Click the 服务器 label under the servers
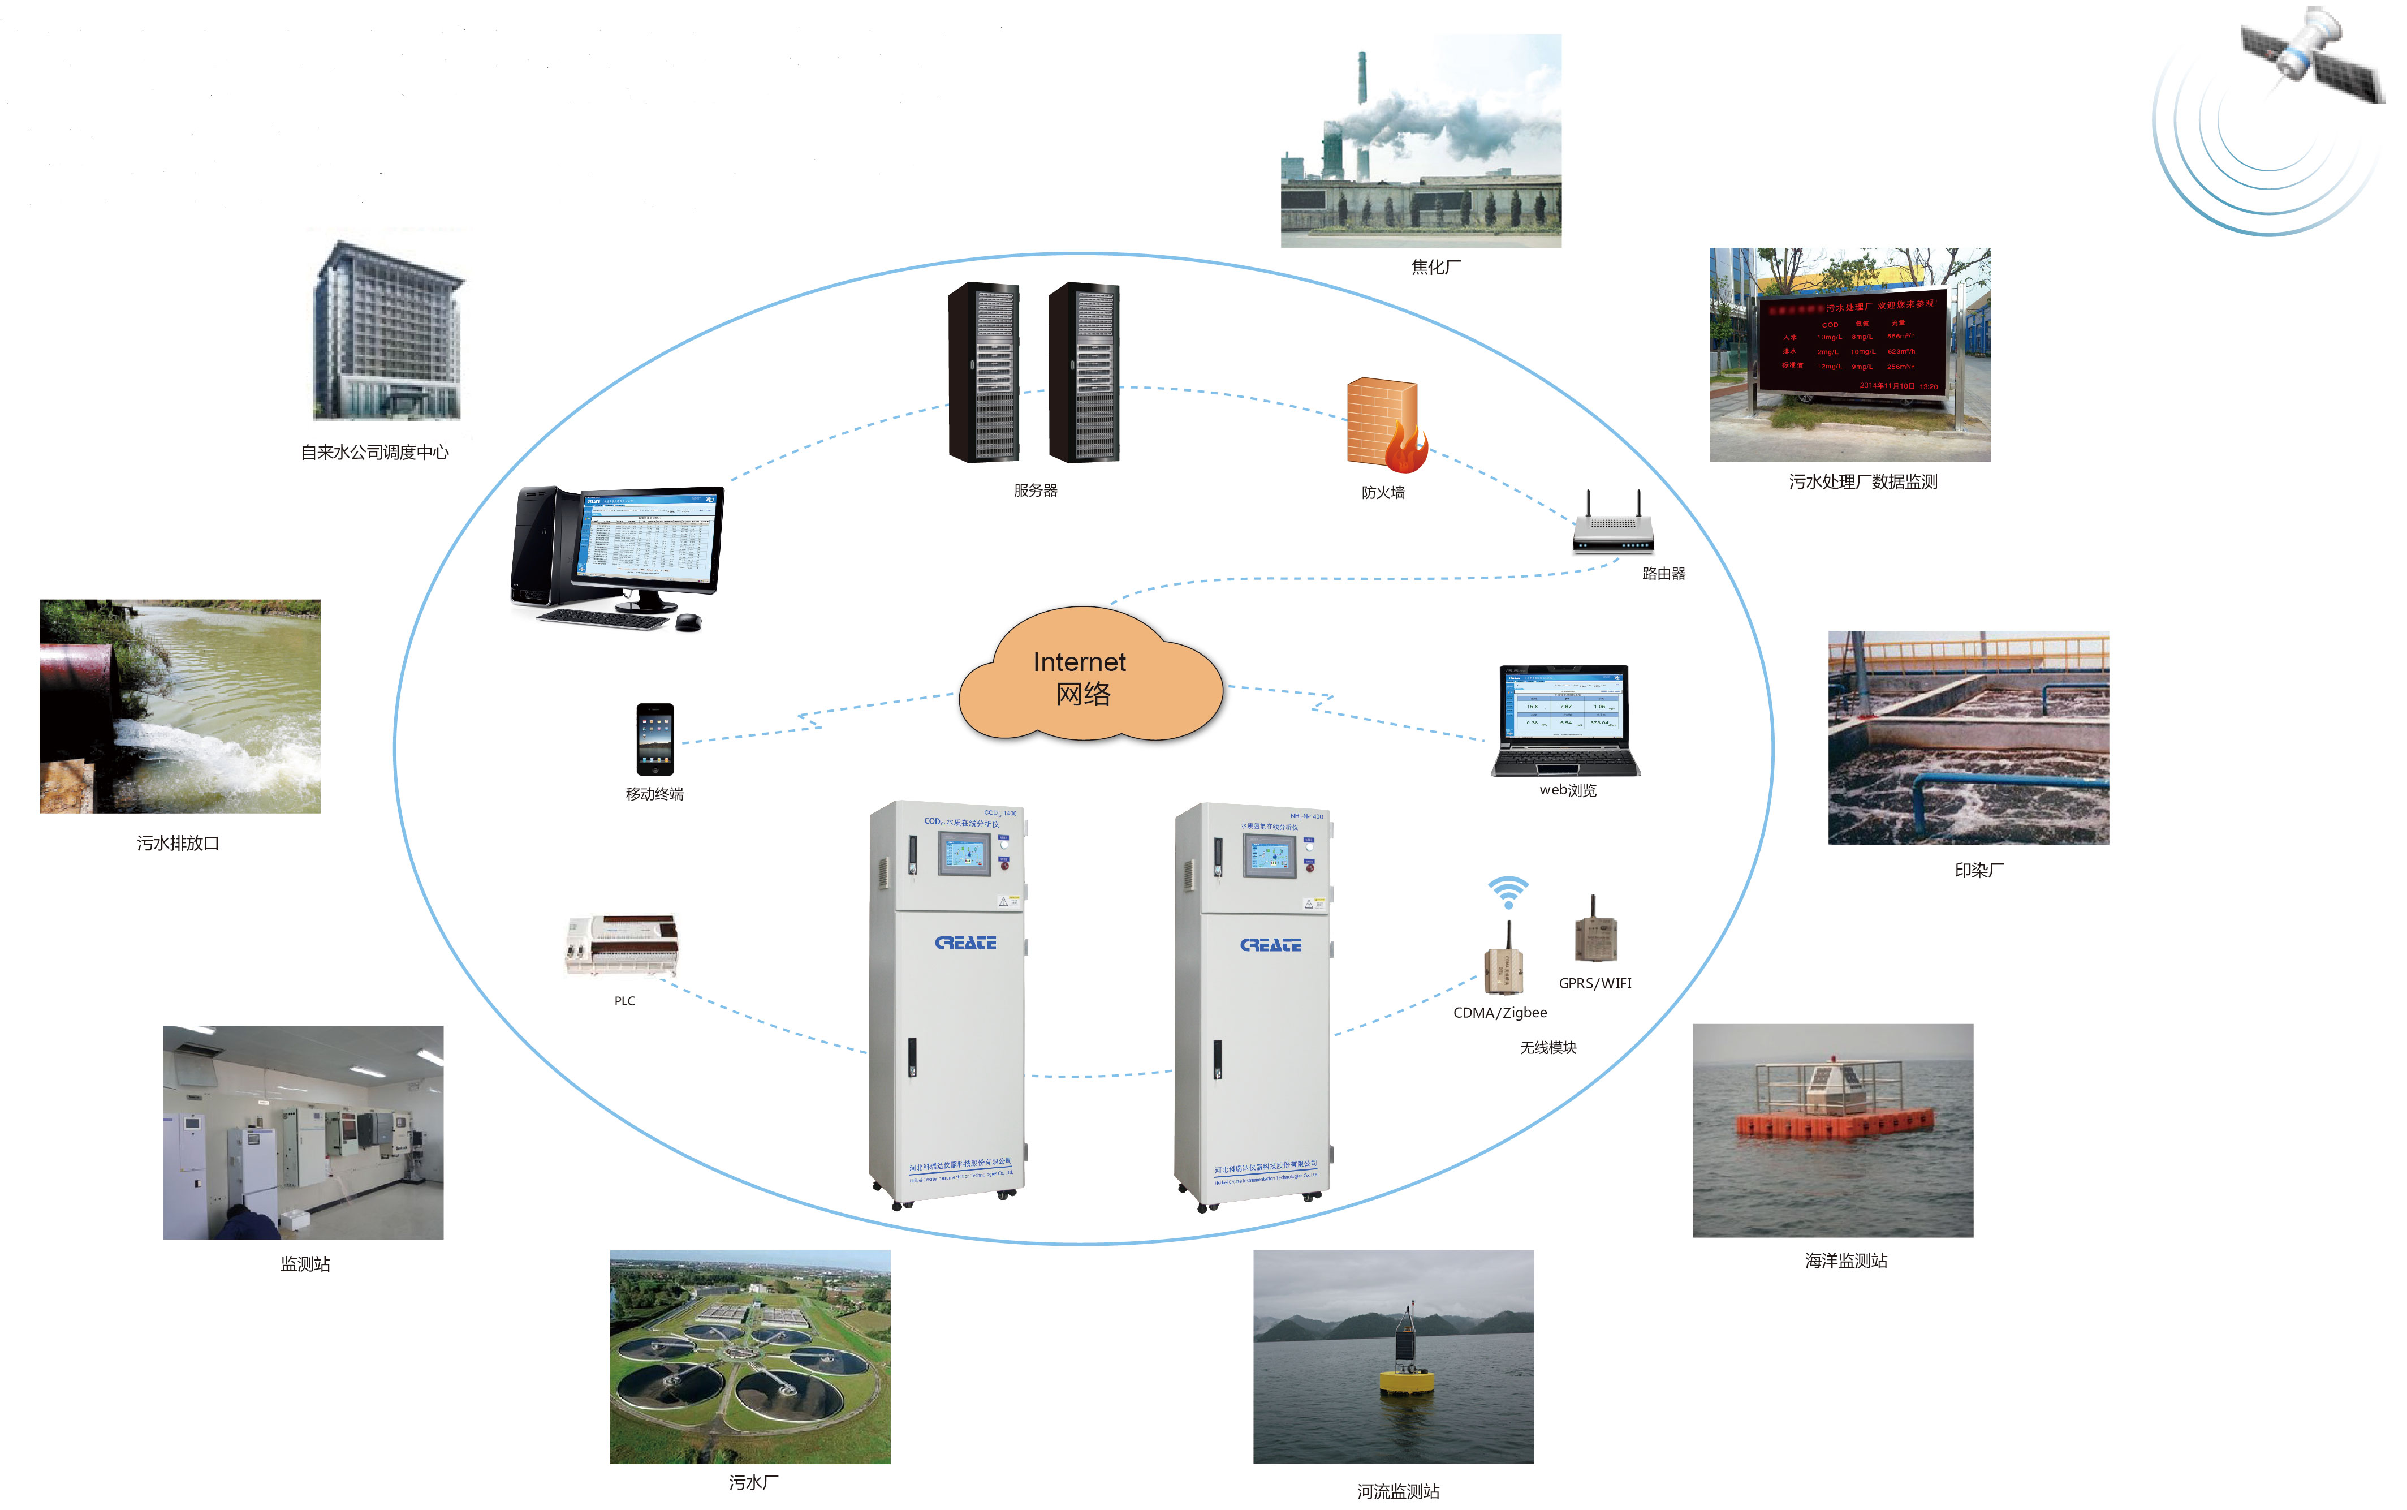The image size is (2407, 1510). (1036, 491)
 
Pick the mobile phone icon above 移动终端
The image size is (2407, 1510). (655, 739)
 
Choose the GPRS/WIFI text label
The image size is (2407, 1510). (1594, 984)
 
